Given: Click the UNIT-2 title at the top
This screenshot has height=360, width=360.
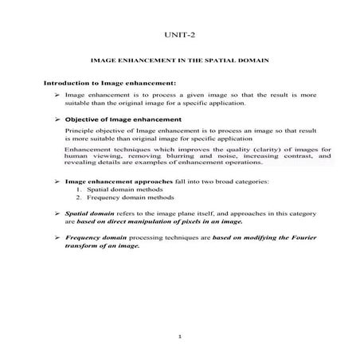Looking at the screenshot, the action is pos(179,36).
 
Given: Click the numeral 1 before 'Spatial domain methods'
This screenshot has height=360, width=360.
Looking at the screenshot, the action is pos(80,190).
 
